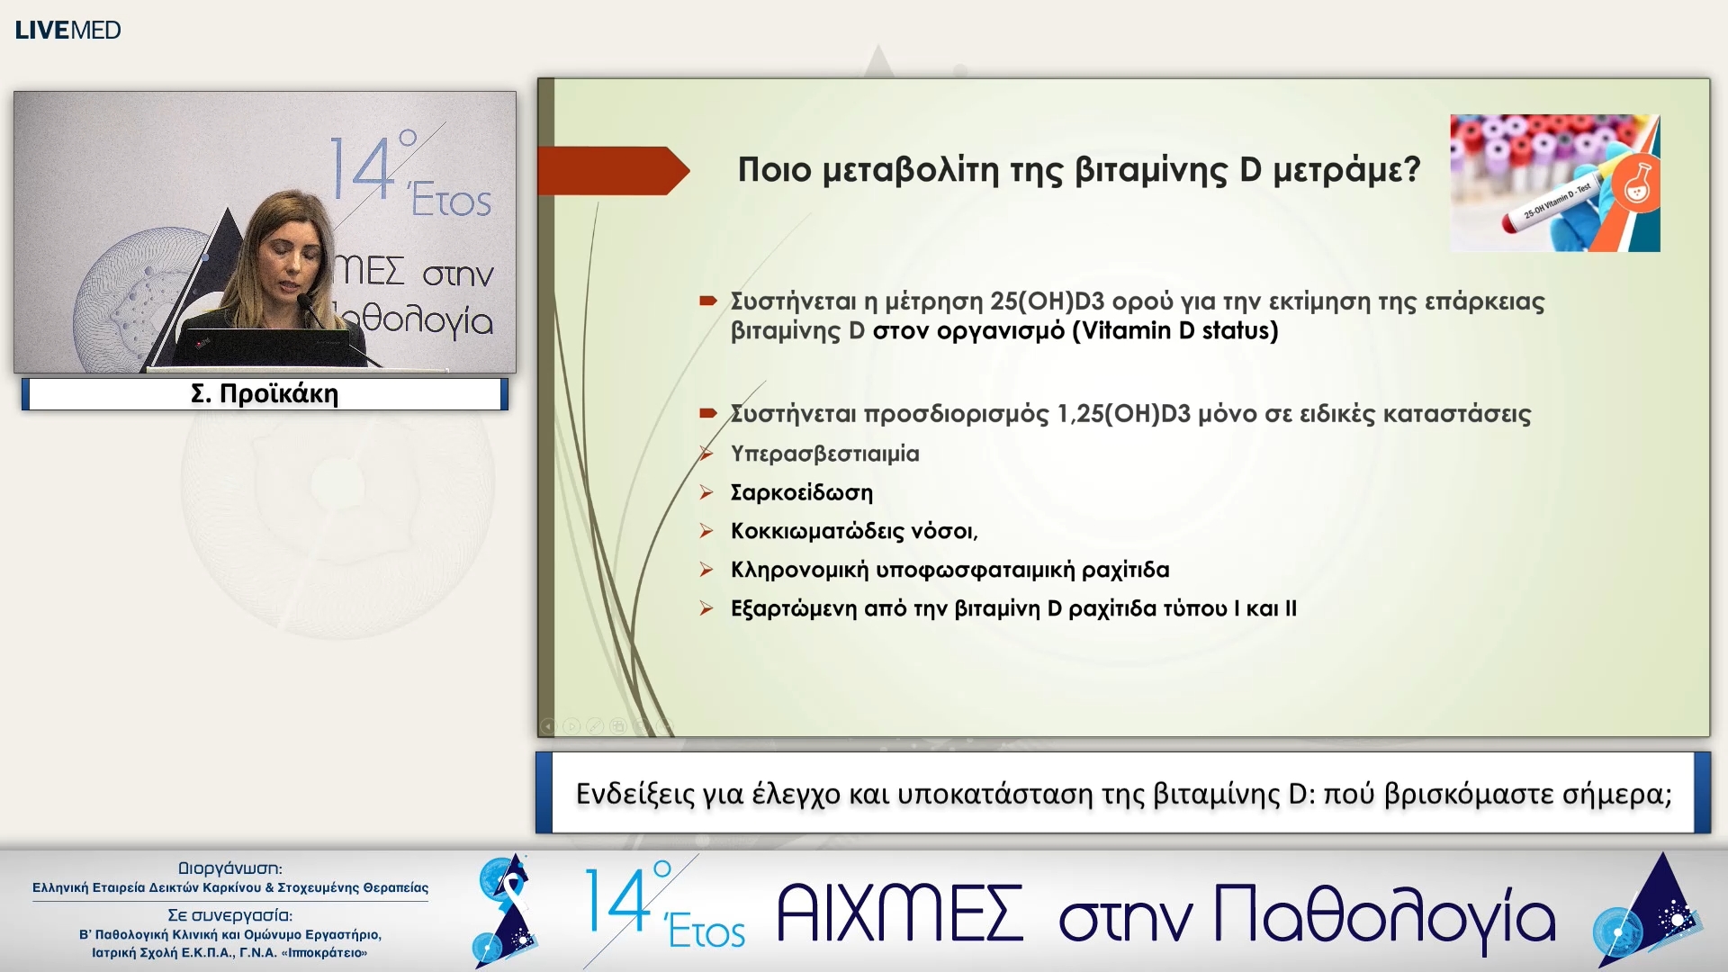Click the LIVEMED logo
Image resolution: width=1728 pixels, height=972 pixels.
tap(67, 30)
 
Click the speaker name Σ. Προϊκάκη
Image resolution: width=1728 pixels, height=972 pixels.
tap(265, 394)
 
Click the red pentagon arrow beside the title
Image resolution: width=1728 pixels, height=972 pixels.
tap(612, 170)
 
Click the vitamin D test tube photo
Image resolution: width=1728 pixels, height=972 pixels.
tap(1554, 183)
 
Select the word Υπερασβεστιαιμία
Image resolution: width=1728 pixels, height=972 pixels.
tap(824, 454)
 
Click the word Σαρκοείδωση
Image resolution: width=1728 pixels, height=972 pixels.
tap(801, 492)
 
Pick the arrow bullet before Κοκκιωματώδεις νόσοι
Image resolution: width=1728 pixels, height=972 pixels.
tap(707, 531)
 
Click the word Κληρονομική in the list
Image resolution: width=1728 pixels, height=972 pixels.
tap(799, 570)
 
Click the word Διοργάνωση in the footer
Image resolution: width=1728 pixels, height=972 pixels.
tap(230, 868)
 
